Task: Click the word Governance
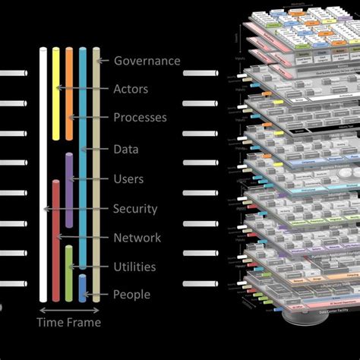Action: coord(147,61)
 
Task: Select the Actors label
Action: coord(131,89)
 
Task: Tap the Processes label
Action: coord(141,118)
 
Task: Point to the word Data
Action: coord(126,150)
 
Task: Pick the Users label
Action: coord(128,179)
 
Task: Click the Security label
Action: coord(135,209)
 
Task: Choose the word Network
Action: coord(137,238)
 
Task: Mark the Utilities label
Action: coord(134,267)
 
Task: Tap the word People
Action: coord(131,295)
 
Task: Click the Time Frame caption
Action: coord(69,322)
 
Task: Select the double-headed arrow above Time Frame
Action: coord(69,310)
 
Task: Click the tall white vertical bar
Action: coord(43,175)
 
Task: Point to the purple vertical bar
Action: coord(69,190)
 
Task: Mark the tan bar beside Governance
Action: coord(96,175)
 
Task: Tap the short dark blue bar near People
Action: coord(83,289)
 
